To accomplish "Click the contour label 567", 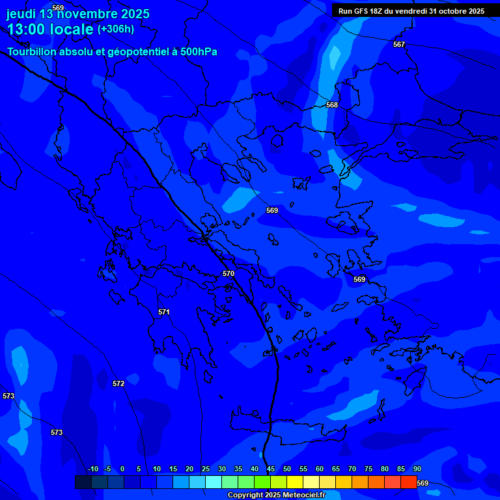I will [399, 44].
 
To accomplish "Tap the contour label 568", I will [332, 105].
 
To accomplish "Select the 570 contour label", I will [229, 273].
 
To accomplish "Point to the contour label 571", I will [164, 312].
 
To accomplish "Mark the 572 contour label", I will [118, 383].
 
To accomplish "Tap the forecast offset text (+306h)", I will [116, 29].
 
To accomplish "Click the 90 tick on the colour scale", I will [417, 469].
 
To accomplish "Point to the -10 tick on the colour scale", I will [92, 469].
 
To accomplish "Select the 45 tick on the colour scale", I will [270, 469].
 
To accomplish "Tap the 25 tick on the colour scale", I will [205, 469].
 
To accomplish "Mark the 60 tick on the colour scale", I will [319, 469].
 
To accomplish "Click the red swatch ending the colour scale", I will [408, 482].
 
